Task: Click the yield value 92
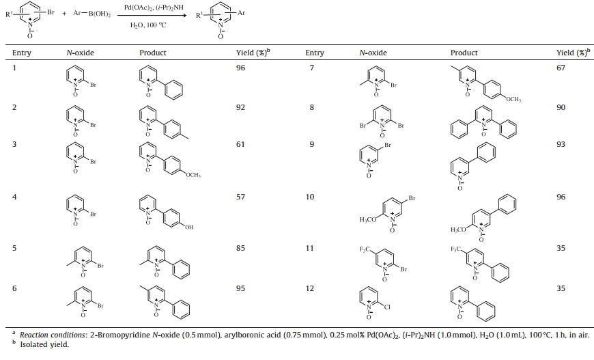click(x=240, y=107)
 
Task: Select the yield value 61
click(x=240, y=144)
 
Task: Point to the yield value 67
click(x=562, y=69)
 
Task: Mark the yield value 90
click(x=562, y=107)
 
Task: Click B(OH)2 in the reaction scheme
click(x=99, y=14)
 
